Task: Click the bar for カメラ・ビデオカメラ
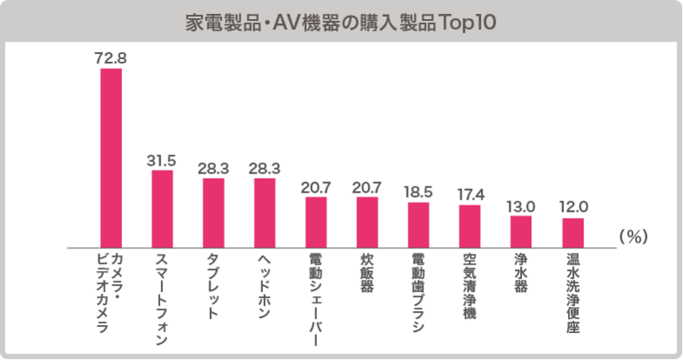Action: tap(112, 157)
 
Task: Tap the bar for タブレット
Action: tap(213, 212)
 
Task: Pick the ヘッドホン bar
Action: tap(265, 212)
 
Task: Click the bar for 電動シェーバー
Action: tap(316, 221)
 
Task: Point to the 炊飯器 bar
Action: tap(368, 221)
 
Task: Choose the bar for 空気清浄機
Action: tap(470, 225)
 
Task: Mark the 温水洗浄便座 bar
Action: tap(572, 231)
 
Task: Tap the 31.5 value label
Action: tap(162, 160)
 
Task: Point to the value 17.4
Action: tap(470, 194)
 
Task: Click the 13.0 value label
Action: tap(521, 206)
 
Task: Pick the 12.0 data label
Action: tap(572, 207)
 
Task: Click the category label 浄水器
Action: tap(521, 273)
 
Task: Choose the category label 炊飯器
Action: tap(368, 273)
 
